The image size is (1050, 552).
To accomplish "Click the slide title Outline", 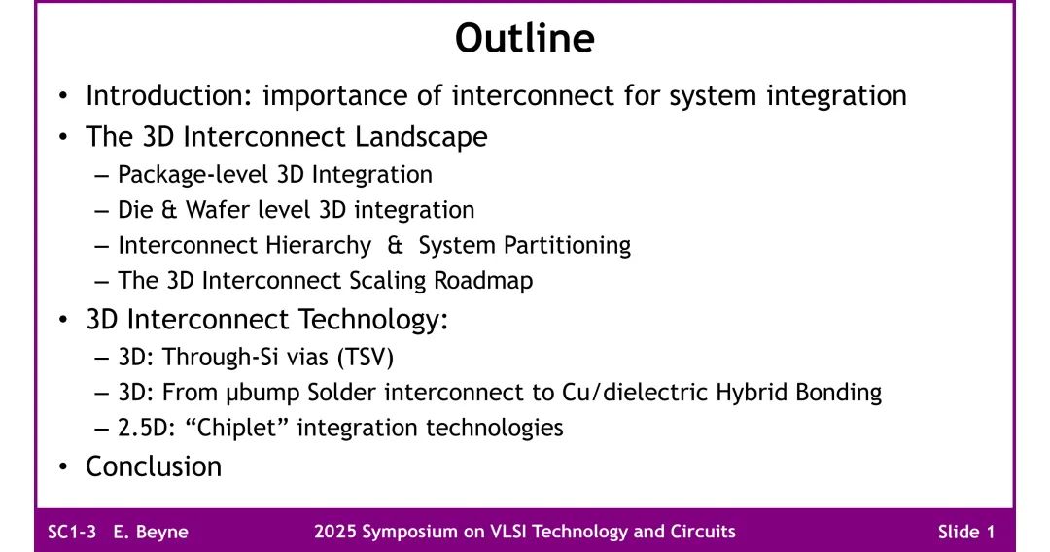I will [524, 39].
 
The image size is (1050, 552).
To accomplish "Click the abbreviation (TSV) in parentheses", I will [365, 357].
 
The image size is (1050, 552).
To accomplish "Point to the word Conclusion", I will [154, 466].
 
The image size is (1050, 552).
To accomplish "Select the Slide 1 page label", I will [965, 532].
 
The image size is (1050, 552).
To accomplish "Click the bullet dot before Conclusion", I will [63, 467].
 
